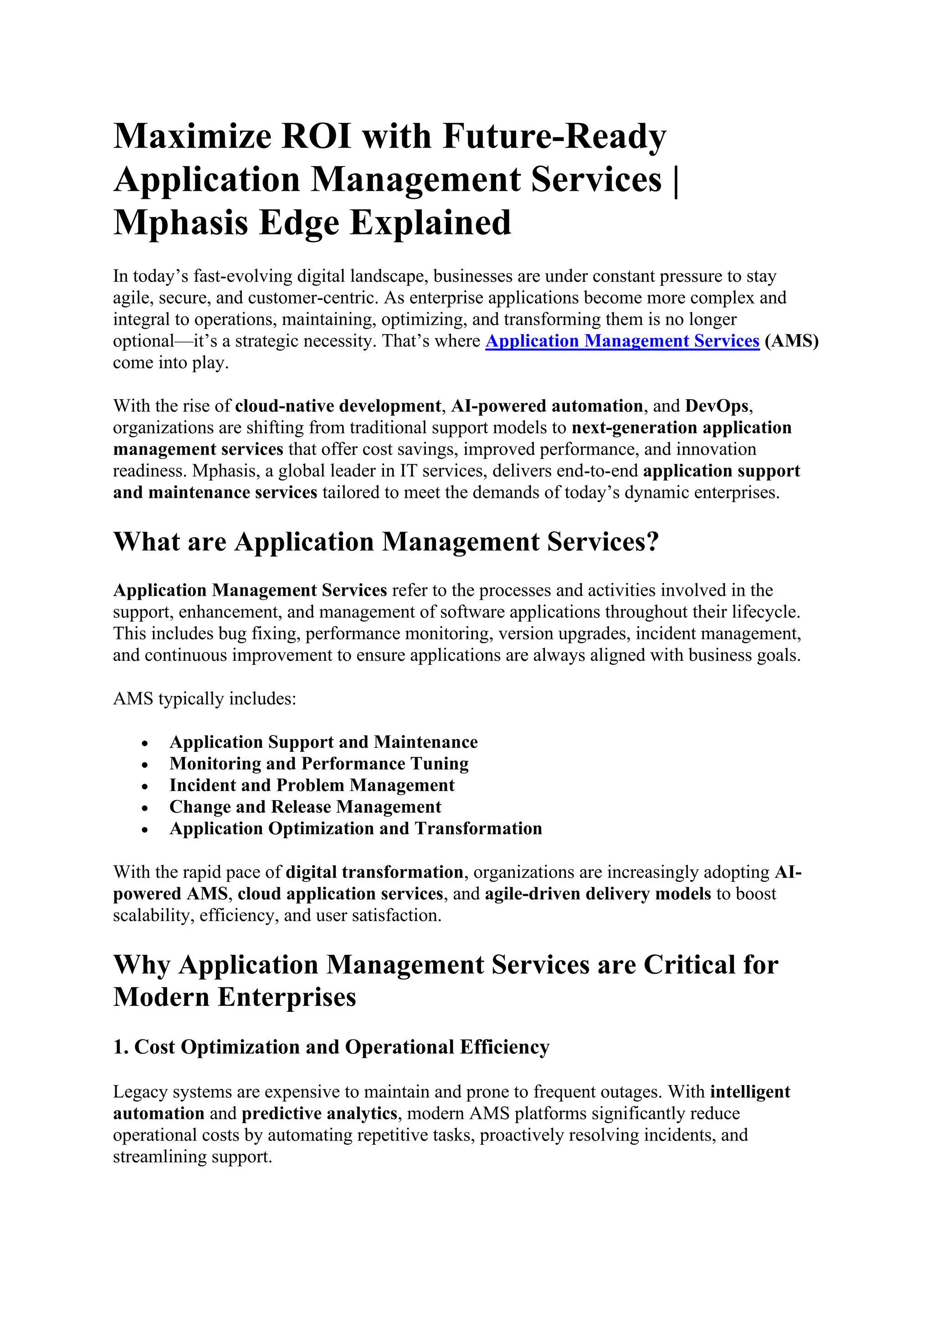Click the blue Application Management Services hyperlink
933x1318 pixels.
point(622,341)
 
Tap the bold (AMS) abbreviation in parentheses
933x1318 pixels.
point(791,341)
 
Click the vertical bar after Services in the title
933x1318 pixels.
point(675,180)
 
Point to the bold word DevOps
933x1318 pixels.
point(717,406)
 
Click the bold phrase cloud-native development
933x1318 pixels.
point(338,406)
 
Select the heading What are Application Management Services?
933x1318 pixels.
point(385,542)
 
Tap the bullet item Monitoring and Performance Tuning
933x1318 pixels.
point(319,764)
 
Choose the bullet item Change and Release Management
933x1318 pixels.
point(305,806)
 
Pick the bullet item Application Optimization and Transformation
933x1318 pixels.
point(356,828)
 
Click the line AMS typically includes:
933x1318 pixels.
point(205,699)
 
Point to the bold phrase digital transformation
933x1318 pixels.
point(374,872)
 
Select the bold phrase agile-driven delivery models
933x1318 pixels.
point(598,894)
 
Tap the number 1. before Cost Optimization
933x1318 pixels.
point(121,1047)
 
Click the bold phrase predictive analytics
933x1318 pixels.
point(319,1114)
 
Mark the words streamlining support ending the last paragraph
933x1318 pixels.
point(192,1157)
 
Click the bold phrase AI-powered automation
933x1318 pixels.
point(547,406)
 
